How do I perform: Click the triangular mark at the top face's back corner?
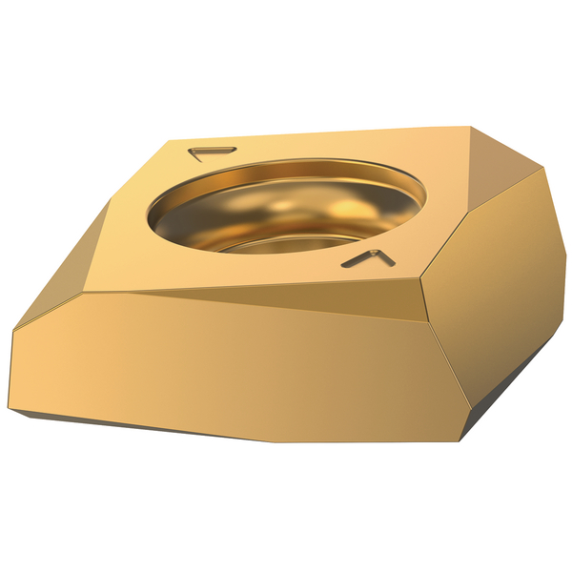[212, 151]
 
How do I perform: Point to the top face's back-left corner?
[173, 141]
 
